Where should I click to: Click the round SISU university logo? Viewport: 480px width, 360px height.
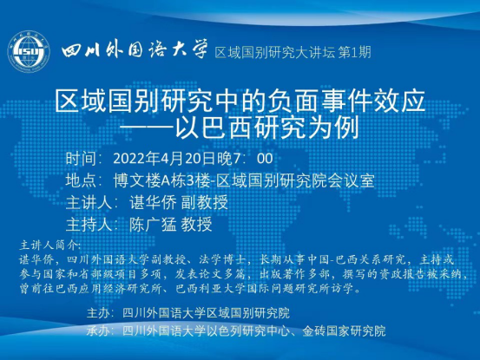pyautogui.click(x=29, y=51)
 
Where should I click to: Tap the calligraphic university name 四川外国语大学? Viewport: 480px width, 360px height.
pyautogui.click(x=135, y=49)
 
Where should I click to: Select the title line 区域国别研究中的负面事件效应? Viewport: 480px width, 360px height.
pyautogui.click(x=240, y=101)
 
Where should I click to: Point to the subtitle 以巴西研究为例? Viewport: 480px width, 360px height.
pyautogui.click(x=267, y=128)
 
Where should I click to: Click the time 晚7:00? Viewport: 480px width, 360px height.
pyautogui.click(x=245, y=159)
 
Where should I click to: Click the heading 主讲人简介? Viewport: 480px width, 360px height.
pyautogui.click(x=49, y=245)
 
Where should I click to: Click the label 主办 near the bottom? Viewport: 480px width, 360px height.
pyautogui.click(x=98, y=313)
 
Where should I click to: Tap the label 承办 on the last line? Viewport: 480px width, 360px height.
pyautogui.click(x=98, y=331)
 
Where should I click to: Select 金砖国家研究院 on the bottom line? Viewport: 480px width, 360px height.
pyautogui.click(x=344, y=331)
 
